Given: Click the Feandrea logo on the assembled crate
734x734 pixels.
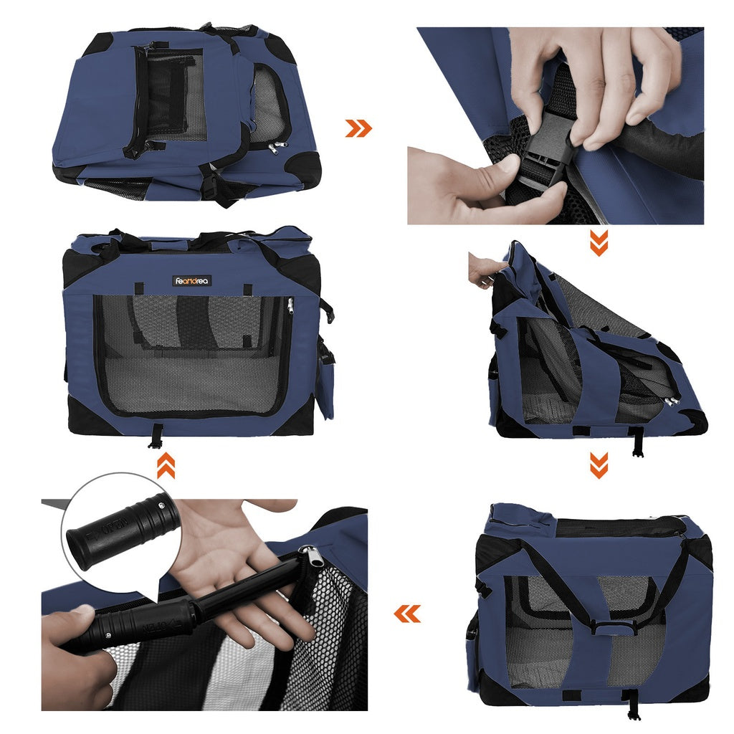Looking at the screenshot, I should pos(192,281).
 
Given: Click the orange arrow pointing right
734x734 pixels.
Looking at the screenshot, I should pos(358,128).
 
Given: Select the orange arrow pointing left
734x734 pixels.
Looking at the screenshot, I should pos(407,614).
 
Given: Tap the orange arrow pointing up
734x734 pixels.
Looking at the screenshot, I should pos(166,466).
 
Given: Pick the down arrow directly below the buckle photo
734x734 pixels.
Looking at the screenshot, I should pos(599,243).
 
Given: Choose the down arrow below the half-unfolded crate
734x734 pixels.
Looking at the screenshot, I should pos(599,465).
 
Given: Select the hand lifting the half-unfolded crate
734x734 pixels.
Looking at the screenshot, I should pos(485,269).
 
